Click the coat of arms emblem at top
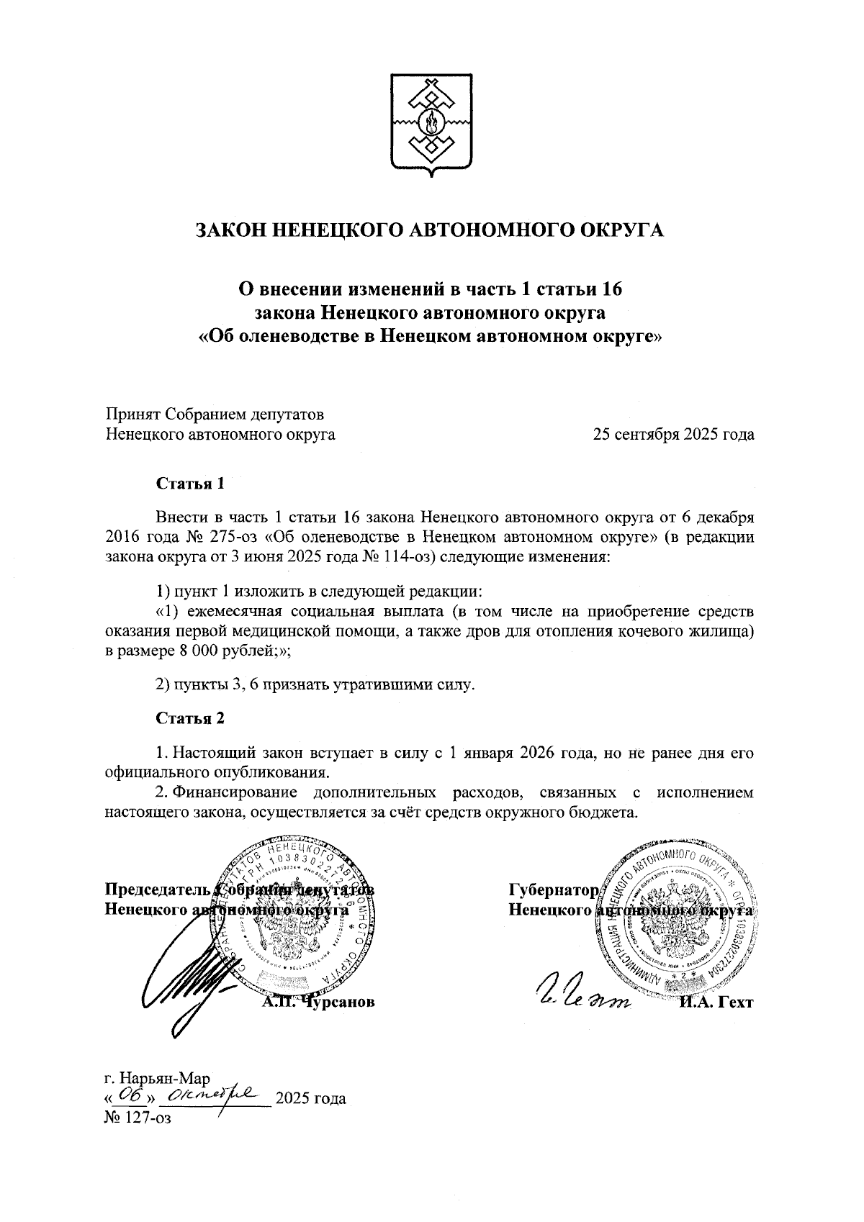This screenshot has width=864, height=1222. (431, 124)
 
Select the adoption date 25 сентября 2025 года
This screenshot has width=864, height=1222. (673, 435)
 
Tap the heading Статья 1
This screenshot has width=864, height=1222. (191, 484)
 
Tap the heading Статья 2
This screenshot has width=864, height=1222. (191, 718)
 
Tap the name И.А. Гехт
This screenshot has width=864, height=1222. (715, 1002)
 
